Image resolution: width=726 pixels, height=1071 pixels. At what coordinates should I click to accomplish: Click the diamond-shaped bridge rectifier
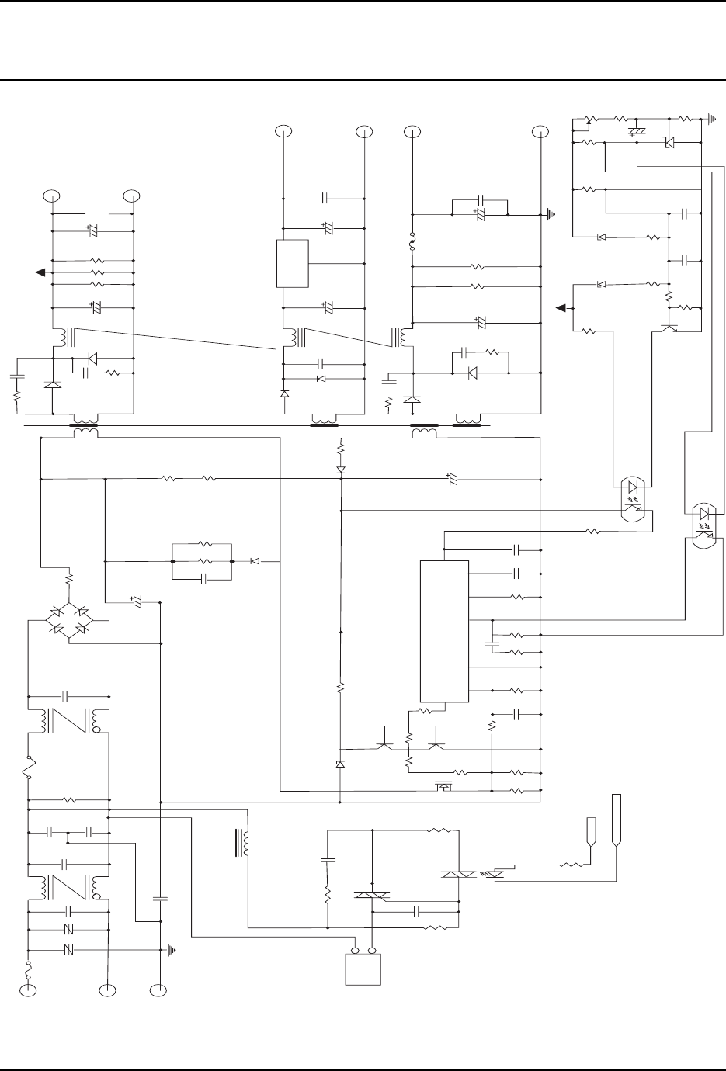click(x=68, y=620)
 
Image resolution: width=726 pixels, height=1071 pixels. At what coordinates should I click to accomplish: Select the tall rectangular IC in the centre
click(x=444, y=630)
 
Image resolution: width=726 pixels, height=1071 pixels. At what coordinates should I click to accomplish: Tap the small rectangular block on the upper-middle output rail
click(x=293, y=264)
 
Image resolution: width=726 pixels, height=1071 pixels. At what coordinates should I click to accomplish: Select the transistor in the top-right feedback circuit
click(x=672, y=327)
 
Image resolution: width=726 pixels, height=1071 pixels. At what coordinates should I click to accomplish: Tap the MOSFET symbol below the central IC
click(x=443, y=788)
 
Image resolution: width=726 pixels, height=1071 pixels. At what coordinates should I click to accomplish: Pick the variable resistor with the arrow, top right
click(x=588, y=120)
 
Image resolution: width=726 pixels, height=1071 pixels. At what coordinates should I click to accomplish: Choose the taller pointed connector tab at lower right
click(x=617, y=820)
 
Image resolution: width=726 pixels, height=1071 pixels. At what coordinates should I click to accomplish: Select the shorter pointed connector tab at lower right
click(x=590, y=832)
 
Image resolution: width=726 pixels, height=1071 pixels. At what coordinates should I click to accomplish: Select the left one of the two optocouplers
click(x=633, y=497)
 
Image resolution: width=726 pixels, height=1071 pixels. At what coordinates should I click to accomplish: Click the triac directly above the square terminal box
click(x=372, y=896)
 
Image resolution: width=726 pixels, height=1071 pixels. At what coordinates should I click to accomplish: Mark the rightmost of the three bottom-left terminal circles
click(x=158, y=990)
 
